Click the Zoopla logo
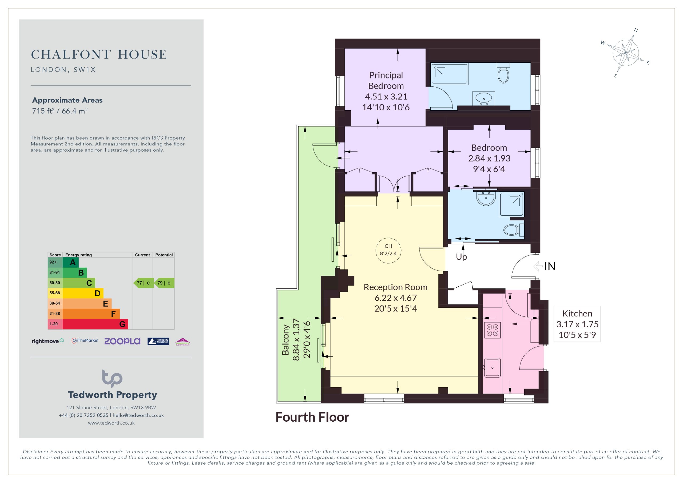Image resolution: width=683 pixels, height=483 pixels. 122,341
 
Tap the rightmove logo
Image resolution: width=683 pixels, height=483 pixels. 47,341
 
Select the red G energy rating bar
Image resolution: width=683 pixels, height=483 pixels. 95,324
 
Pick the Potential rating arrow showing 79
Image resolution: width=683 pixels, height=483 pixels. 164,283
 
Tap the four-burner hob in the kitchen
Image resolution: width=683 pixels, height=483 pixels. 492,330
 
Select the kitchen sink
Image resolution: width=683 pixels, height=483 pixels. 492,368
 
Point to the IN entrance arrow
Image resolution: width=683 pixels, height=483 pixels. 538,266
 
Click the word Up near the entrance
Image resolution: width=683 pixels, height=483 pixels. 461,257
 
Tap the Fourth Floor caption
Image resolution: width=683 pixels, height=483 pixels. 312,417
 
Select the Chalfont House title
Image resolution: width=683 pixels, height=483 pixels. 99,54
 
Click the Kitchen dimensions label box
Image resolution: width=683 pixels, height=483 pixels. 577,324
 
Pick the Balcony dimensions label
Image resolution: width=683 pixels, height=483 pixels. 296,339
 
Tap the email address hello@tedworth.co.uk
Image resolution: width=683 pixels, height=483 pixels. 138,415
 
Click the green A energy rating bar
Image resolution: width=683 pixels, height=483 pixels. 71,263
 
